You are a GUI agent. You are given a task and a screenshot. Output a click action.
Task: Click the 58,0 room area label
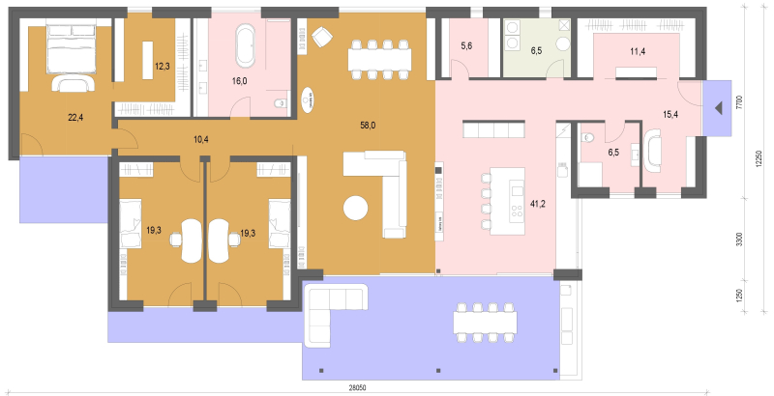point(368,126)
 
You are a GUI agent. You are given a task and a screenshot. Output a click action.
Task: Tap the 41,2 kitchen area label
point(538,203)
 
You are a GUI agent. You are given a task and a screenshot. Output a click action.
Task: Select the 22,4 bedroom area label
point(75,117)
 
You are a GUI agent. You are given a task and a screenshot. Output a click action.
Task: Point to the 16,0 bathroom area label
point(239,81)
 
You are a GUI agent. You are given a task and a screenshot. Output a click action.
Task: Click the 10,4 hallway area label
point(201,139)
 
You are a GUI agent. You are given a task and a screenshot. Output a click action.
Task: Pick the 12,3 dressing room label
point(163,66)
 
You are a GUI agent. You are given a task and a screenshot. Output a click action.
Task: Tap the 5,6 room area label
point(466,46)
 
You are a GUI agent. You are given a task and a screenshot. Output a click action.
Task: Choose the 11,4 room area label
point(638,51)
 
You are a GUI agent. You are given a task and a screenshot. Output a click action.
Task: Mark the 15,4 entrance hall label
point(670,115)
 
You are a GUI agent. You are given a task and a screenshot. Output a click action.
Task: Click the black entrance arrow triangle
point(718,108)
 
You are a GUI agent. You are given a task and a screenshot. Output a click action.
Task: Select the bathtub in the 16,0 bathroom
point(246,45)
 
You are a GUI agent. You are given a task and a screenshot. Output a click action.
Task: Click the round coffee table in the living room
point(355,208)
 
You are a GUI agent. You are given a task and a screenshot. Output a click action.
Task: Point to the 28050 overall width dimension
point(357,388)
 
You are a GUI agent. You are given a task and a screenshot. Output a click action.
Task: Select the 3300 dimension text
point(739,240)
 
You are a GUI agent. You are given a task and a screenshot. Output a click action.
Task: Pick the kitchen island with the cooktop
point(507,202)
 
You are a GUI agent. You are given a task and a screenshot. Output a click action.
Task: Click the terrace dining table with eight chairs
point(485,323)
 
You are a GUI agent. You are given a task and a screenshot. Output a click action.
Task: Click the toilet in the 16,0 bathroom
point(280,103)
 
